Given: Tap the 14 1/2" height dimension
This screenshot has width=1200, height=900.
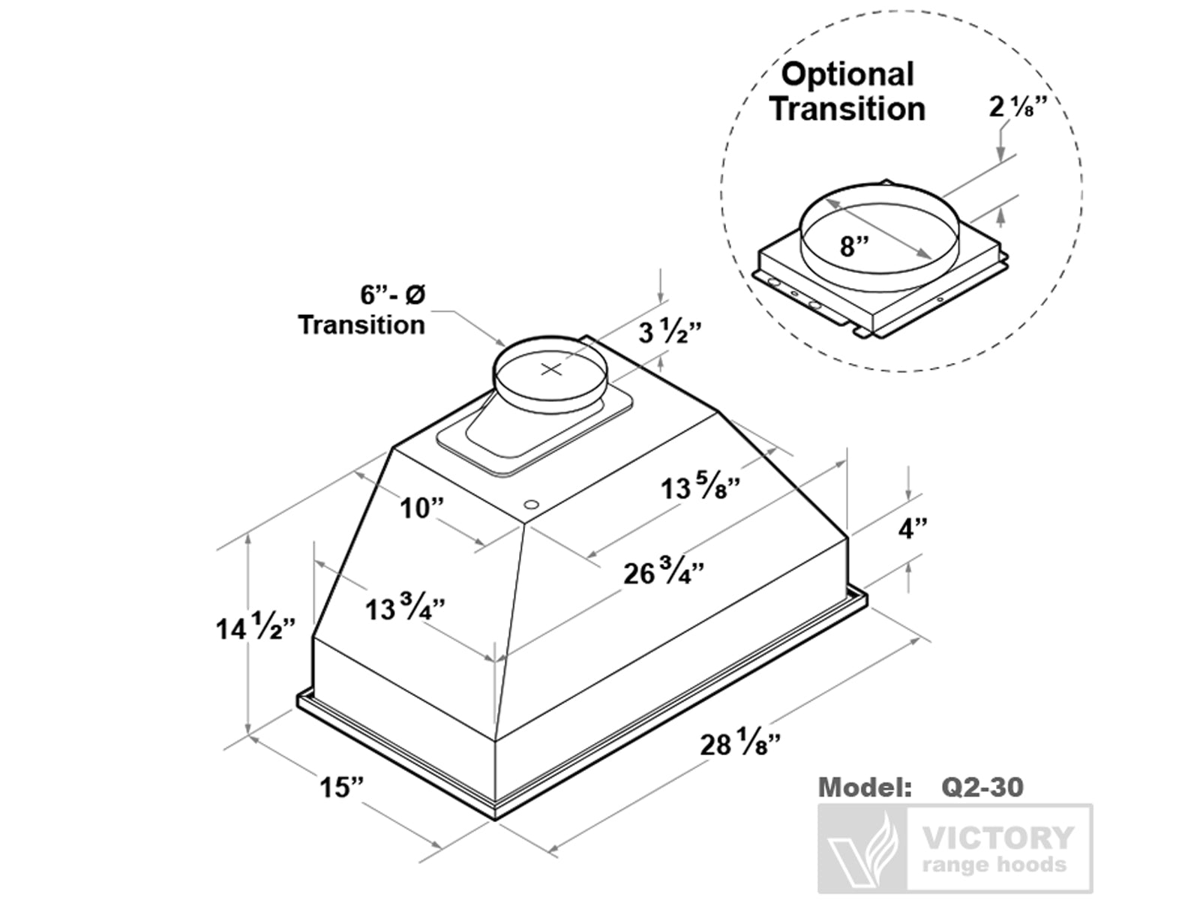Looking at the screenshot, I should point(254,628).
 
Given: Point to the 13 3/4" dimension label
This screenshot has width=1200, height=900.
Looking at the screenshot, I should point(404,608).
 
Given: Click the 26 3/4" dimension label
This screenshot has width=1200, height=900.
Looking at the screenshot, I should point(663,574).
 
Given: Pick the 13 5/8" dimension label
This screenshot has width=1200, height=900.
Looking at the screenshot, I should point(700,488).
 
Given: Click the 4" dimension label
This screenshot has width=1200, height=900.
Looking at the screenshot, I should point(912,529).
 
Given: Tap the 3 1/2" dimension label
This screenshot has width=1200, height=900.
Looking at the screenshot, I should point(670,331).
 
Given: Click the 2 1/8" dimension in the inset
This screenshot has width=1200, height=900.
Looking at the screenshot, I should point(1016,107).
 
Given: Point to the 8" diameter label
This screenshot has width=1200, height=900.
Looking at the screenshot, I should point(854,245).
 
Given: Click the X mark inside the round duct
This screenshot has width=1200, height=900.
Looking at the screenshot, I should point(551,368).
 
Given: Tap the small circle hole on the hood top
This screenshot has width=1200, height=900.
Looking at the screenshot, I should point(531,504).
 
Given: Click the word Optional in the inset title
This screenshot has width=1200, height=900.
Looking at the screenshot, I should point(847,74).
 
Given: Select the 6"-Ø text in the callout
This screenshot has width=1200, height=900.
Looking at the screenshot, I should point(392,295).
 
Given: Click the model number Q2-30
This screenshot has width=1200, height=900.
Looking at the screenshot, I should point(982,787).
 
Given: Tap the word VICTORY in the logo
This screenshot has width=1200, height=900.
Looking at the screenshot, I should point(997,837).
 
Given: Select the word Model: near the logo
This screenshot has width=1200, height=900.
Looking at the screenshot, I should point(864,787).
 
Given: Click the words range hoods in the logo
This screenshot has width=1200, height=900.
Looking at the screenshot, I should point(994,865).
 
